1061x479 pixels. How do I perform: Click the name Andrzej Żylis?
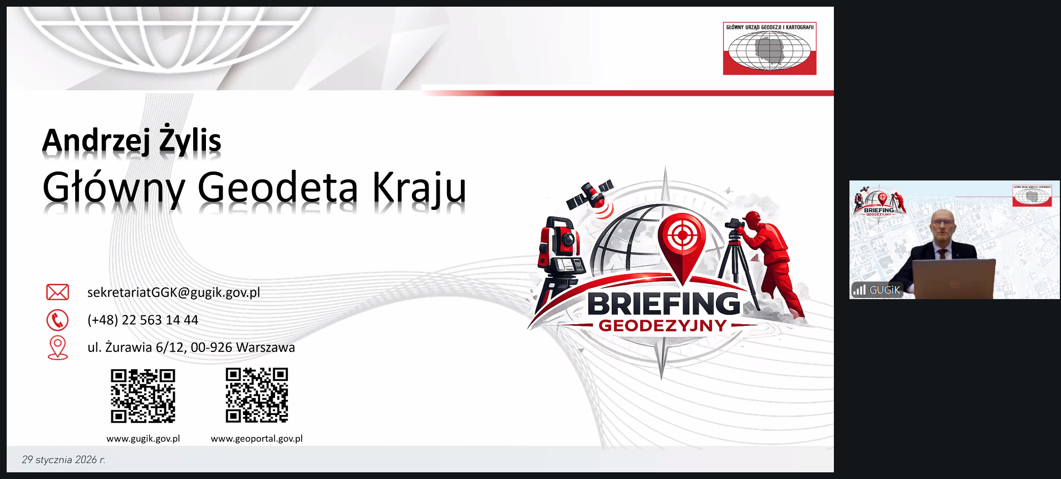pyautogui.click(x=132, y=140)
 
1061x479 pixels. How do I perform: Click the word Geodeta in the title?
pyautogui.click(x=278, y=187)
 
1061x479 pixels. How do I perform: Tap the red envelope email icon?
pyautogui.click(x=57, y=292)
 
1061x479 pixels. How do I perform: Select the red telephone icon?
pyautogui.click(x=57, y=320)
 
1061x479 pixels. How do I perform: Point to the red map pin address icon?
pyautogui.click(x=58, y=348)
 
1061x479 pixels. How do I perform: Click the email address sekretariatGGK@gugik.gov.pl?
pyautogui.click(x=174, y=292)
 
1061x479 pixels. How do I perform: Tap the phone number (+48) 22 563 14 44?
pyautogui.click(x=143, y=320)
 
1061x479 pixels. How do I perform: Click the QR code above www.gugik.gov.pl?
pyautogui.click(x=143, y=395)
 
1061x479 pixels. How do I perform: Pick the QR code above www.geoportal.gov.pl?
pyautogui.click(x=257, y=395)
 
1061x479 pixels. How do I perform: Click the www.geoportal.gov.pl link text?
pyautogui.click(x=257, y=438)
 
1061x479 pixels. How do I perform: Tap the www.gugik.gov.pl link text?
pyautogui.click(x=143, y=438)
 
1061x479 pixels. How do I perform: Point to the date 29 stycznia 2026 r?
pyautogui.click(x=63, y=460)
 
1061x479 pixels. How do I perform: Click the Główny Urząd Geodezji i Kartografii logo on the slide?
pyautogui.click(x=770, y=48)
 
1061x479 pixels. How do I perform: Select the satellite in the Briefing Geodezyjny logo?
pyautogui.click(x=591, y=195)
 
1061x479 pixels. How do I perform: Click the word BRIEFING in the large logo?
pyautogui.click(x=664, y=304)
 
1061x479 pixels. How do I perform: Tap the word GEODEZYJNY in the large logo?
pyautogui.click(x=663, y=326)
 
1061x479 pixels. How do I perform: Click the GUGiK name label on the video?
pyautogui.click(x=885, y=290)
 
